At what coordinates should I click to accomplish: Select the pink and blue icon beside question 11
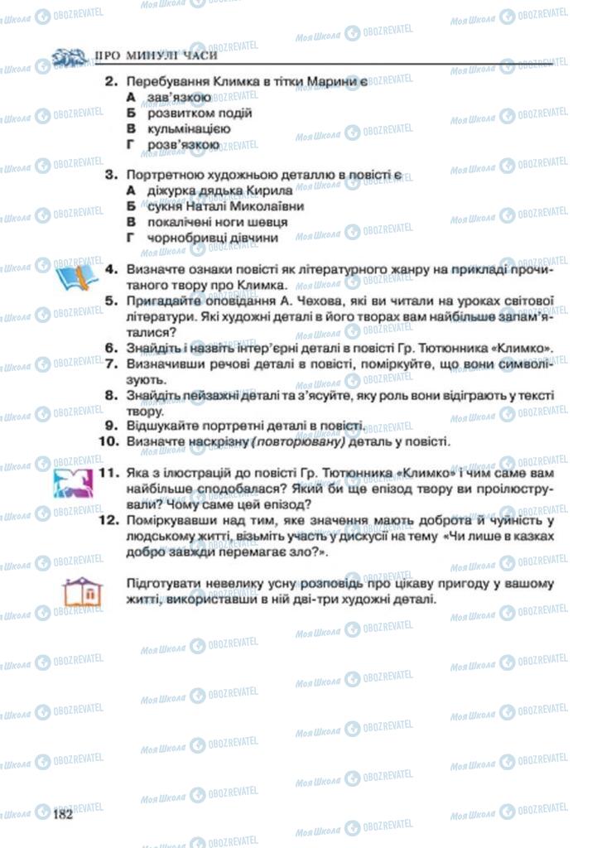75,481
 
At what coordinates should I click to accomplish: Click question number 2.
109,81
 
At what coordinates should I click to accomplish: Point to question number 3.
109,175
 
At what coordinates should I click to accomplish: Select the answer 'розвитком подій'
200,113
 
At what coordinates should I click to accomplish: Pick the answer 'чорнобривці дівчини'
212,238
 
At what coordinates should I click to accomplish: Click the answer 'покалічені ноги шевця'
218,222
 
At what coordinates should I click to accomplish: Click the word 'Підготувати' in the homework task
163,584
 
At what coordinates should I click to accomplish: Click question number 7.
109,363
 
